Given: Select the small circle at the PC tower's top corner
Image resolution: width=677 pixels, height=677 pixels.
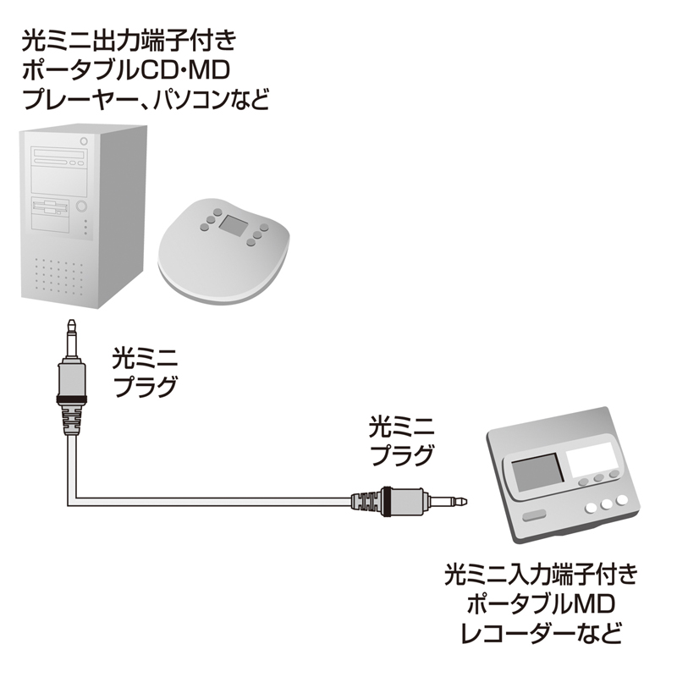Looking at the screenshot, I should (x=84, y=141).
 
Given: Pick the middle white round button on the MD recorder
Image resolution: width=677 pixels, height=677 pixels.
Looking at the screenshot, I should (x=607, y=505).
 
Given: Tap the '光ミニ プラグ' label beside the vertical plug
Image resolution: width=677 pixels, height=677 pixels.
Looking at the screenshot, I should (x=145, y=372).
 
